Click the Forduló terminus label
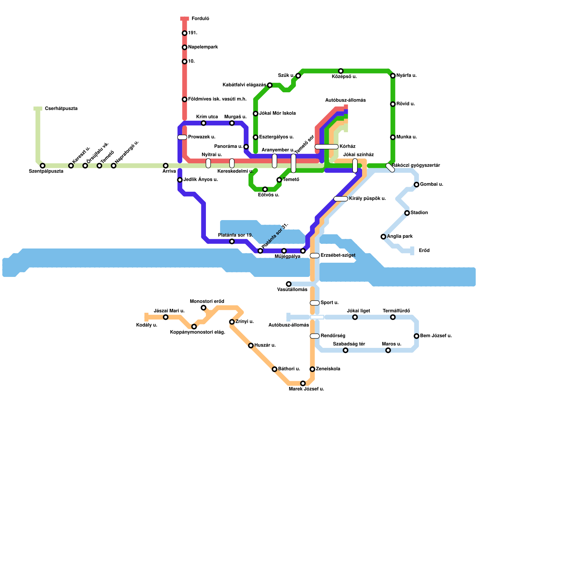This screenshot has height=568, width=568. [x=200, y=19]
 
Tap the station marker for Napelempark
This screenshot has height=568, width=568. [x=185, y=48]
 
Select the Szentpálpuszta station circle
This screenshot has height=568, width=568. [x=43, y=166]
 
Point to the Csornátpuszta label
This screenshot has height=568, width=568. [x=61, y=109]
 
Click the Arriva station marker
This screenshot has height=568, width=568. [x=166, y=166]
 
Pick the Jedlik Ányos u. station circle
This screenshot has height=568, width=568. [x=180, y=180]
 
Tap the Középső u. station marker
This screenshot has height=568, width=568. [x=341, y=71]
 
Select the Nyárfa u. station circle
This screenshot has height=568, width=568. [x=393, y=76]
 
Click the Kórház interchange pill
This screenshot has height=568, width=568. [x=327, y=147]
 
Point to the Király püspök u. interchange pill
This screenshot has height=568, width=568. [x=341, y=199]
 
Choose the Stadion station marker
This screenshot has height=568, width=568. [x=407, y=213]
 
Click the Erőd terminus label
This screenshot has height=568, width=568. [x=424, y=251]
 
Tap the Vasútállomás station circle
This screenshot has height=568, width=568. [x=289, y=284]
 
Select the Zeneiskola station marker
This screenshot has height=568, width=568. [x=312, y=369]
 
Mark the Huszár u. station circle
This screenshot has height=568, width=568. [x=251, y=345]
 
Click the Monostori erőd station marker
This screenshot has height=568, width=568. [x=203, y=308]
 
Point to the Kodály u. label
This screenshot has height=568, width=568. [x=147, y=325]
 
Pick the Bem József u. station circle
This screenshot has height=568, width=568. [x=416, y=336]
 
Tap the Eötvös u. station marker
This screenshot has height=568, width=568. [x=265, y=190]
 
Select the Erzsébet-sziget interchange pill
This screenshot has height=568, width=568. [x=315, y=256]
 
